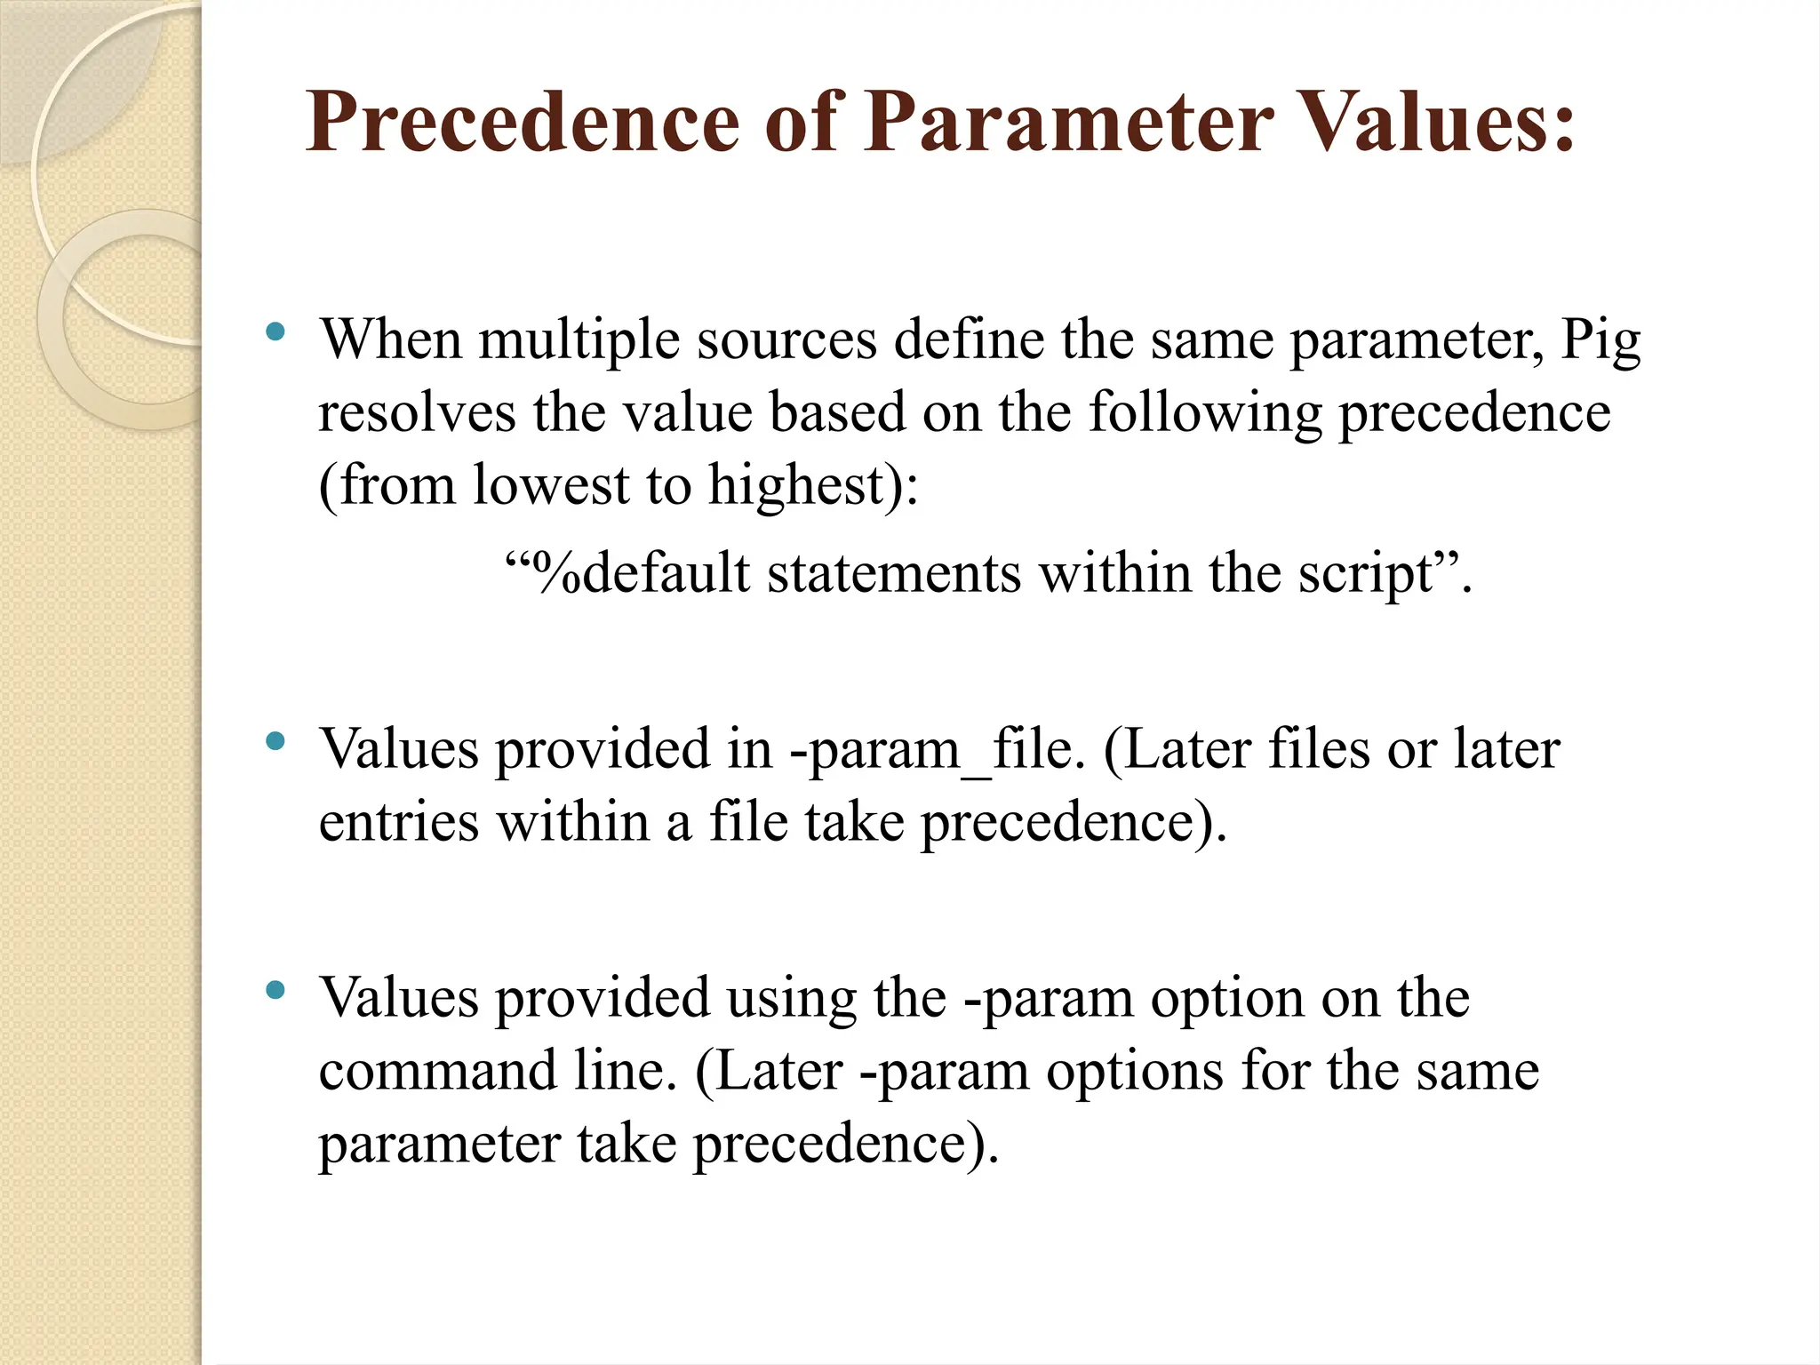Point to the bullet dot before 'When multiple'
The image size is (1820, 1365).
275,333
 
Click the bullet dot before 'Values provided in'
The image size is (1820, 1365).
275,740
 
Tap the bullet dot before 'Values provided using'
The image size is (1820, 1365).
275,990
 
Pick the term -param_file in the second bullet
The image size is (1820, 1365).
938,750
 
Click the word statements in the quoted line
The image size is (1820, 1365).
894,572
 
